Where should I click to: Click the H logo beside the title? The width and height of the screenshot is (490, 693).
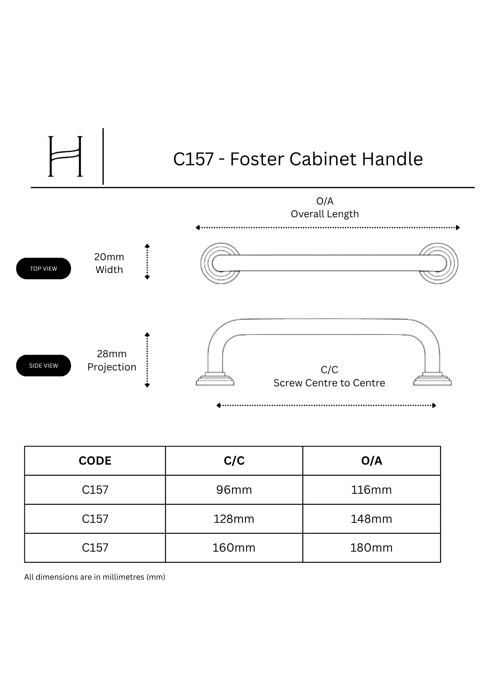point(65,156)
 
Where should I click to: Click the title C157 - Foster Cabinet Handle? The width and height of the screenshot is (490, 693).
point(298,159)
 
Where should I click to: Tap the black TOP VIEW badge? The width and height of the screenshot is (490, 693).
point(43,269)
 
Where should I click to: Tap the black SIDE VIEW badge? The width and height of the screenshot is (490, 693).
point(43,366)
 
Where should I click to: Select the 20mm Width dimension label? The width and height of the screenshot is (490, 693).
point(109,263)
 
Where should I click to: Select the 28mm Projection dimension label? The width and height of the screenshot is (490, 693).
point(112,360)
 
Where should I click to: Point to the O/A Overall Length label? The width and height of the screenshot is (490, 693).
point(325,207)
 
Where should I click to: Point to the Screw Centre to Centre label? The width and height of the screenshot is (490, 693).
point(329,383)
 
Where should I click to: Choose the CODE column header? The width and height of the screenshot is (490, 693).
point(95,460)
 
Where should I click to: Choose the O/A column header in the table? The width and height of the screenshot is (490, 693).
point(371,460)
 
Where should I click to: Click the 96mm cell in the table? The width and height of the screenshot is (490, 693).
point(234,490)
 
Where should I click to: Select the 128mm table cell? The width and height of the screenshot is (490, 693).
point(234,519)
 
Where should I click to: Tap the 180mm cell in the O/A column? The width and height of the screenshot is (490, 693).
point(371,547)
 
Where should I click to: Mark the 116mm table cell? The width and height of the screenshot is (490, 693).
point(371,490)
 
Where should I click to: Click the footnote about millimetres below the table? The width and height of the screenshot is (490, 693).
point(95,577)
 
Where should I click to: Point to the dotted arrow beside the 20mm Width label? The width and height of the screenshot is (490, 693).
point(147,262)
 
